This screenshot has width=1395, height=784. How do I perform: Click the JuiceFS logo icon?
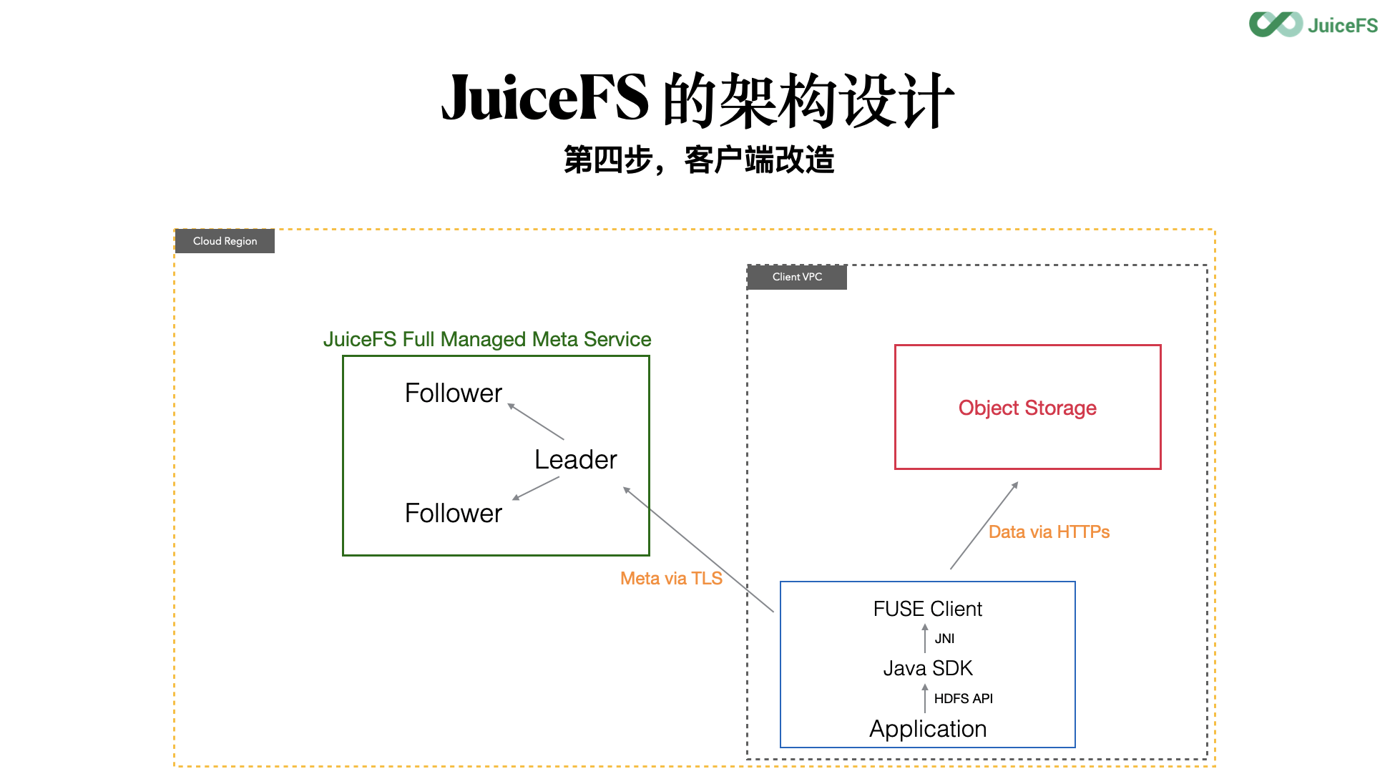point(1276,24)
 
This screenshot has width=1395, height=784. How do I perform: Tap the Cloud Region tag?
point(225,241)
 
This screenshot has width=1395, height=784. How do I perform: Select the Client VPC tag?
point(797,277)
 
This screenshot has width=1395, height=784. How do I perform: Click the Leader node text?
point(575,459)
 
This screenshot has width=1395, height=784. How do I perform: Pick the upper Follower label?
point(453,393)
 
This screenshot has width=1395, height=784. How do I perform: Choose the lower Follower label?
point(453,513)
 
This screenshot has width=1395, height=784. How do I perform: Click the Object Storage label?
point(1027,408)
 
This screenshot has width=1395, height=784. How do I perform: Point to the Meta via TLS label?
point(671,578)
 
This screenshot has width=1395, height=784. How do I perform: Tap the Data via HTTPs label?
point(1049,531)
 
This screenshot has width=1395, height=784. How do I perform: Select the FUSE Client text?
point(927,609)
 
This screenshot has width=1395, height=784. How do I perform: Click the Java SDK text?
point(927,668)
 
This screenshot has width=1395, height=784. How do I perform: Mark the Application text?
point(927,728)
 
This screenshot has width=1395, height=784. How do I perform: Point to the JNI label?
point(944,639)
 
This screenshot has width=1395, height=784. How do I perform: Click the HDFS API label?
point(963,698)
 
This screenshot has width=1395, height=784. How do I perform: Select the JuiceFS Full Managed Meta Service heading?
point(487,339)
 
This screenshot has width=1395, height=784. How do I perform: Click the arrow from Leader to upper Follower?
point(536,421)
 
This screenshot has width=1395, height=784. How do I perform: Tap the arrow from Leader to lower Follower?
point(536,488)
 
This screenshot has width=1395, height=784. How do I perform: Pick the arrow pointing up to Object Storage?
point(984,526)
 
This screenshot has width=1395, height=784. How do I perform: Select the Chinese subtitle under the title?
point(699,160)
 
